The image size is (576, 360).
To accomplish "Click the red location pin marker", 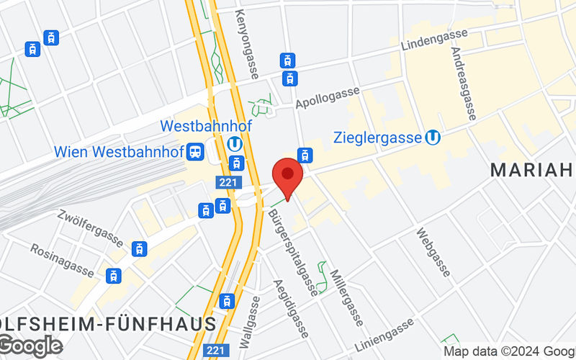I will coord(287,175).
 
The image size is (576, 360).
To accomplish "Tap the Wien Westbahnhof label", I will coord(118,153).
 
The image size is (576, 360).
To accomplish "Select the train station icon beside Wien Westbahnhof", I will coord(194,153).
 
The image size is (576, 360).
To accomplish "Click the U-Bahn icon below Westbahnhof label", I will coord(234,143).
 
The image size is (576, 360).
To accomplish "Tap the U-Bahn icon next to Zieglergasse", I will coord(433,136).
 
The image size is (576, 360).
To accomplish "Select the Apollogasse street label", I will coord(328,97).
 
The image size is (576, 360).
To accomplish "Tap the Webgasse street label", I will coord(433,252).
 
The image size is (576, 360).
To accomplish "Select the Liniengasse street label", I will coord(384,333).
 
